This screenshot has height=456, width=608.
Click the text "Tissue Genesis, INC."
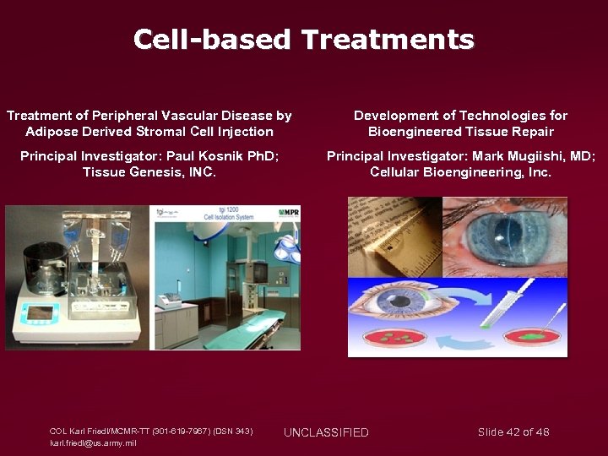point(149,172)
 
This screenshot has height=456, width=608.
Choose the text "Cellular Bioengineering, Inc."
point(460,172)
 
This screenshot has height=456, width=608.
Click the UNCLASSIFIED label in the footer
point(326,432)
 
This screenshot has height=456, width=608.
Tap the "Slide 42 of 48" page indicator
point(513,432)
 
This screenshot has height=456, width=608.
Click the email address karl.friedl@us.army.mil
point(93,442)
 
